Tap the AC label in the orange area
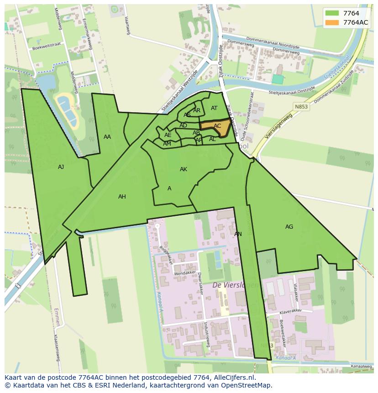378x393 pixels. click(x=217, y=126)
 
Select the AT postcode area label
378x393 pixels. click(x=214, y=108)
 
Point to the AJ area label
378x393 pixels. click(x=61, y=167)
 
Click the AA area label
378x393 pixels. click(x=107, y=137)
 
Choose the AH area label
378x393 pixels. click(x=122, y=197)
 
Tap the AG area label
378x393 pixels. click(x=289, y=227)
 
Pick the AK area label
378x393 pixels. click(x=184, y=169)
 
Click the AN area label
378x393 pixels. click(x=238, y=234)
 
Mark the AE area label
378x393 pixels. click(x=168, y=135)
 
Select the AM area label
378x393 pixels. click(x=167, y=144)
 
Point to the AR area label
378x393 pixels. click(x=197, y=110)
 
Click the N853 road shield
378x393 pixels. click(x=299, y=105)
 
